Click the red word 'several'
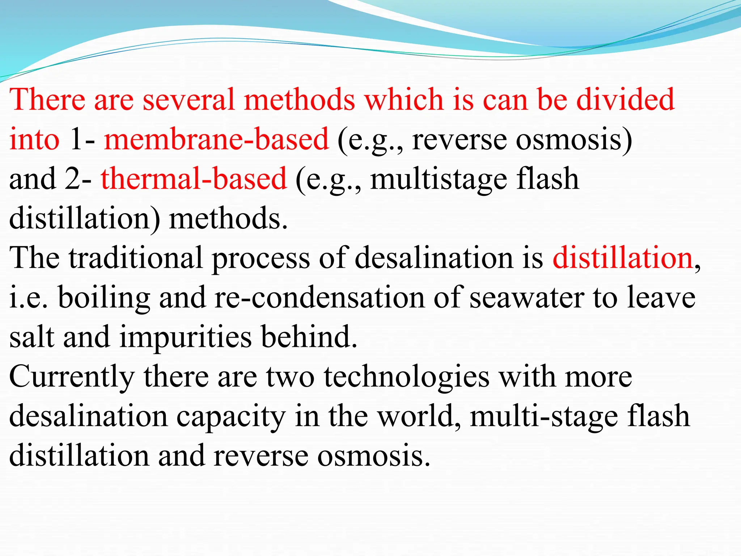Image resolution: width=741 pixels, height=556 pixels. (188, 100)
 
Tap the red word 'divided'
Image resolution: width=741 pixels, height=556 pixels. (625, 100)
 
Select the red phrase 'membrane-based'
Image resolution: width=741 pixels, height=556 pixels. (216, 140)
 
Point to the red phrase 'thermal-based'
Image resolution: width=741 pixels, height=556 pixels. (194, 179)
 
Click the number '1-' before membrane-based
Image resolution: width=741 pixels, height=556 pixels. (82, 140)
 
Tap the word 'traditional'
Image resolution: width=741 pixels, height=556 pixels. (136, 258)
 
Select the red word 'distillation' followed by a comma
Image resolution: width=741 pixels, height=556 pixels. (622, 258)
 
